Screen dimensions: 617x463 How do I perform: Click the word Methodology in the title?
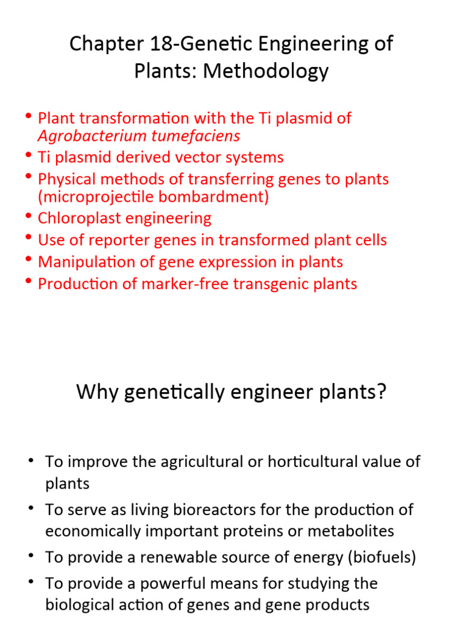click(x=266, y=71)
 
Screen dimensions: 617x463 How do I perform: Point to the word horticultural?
click(x=319, y=462)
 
